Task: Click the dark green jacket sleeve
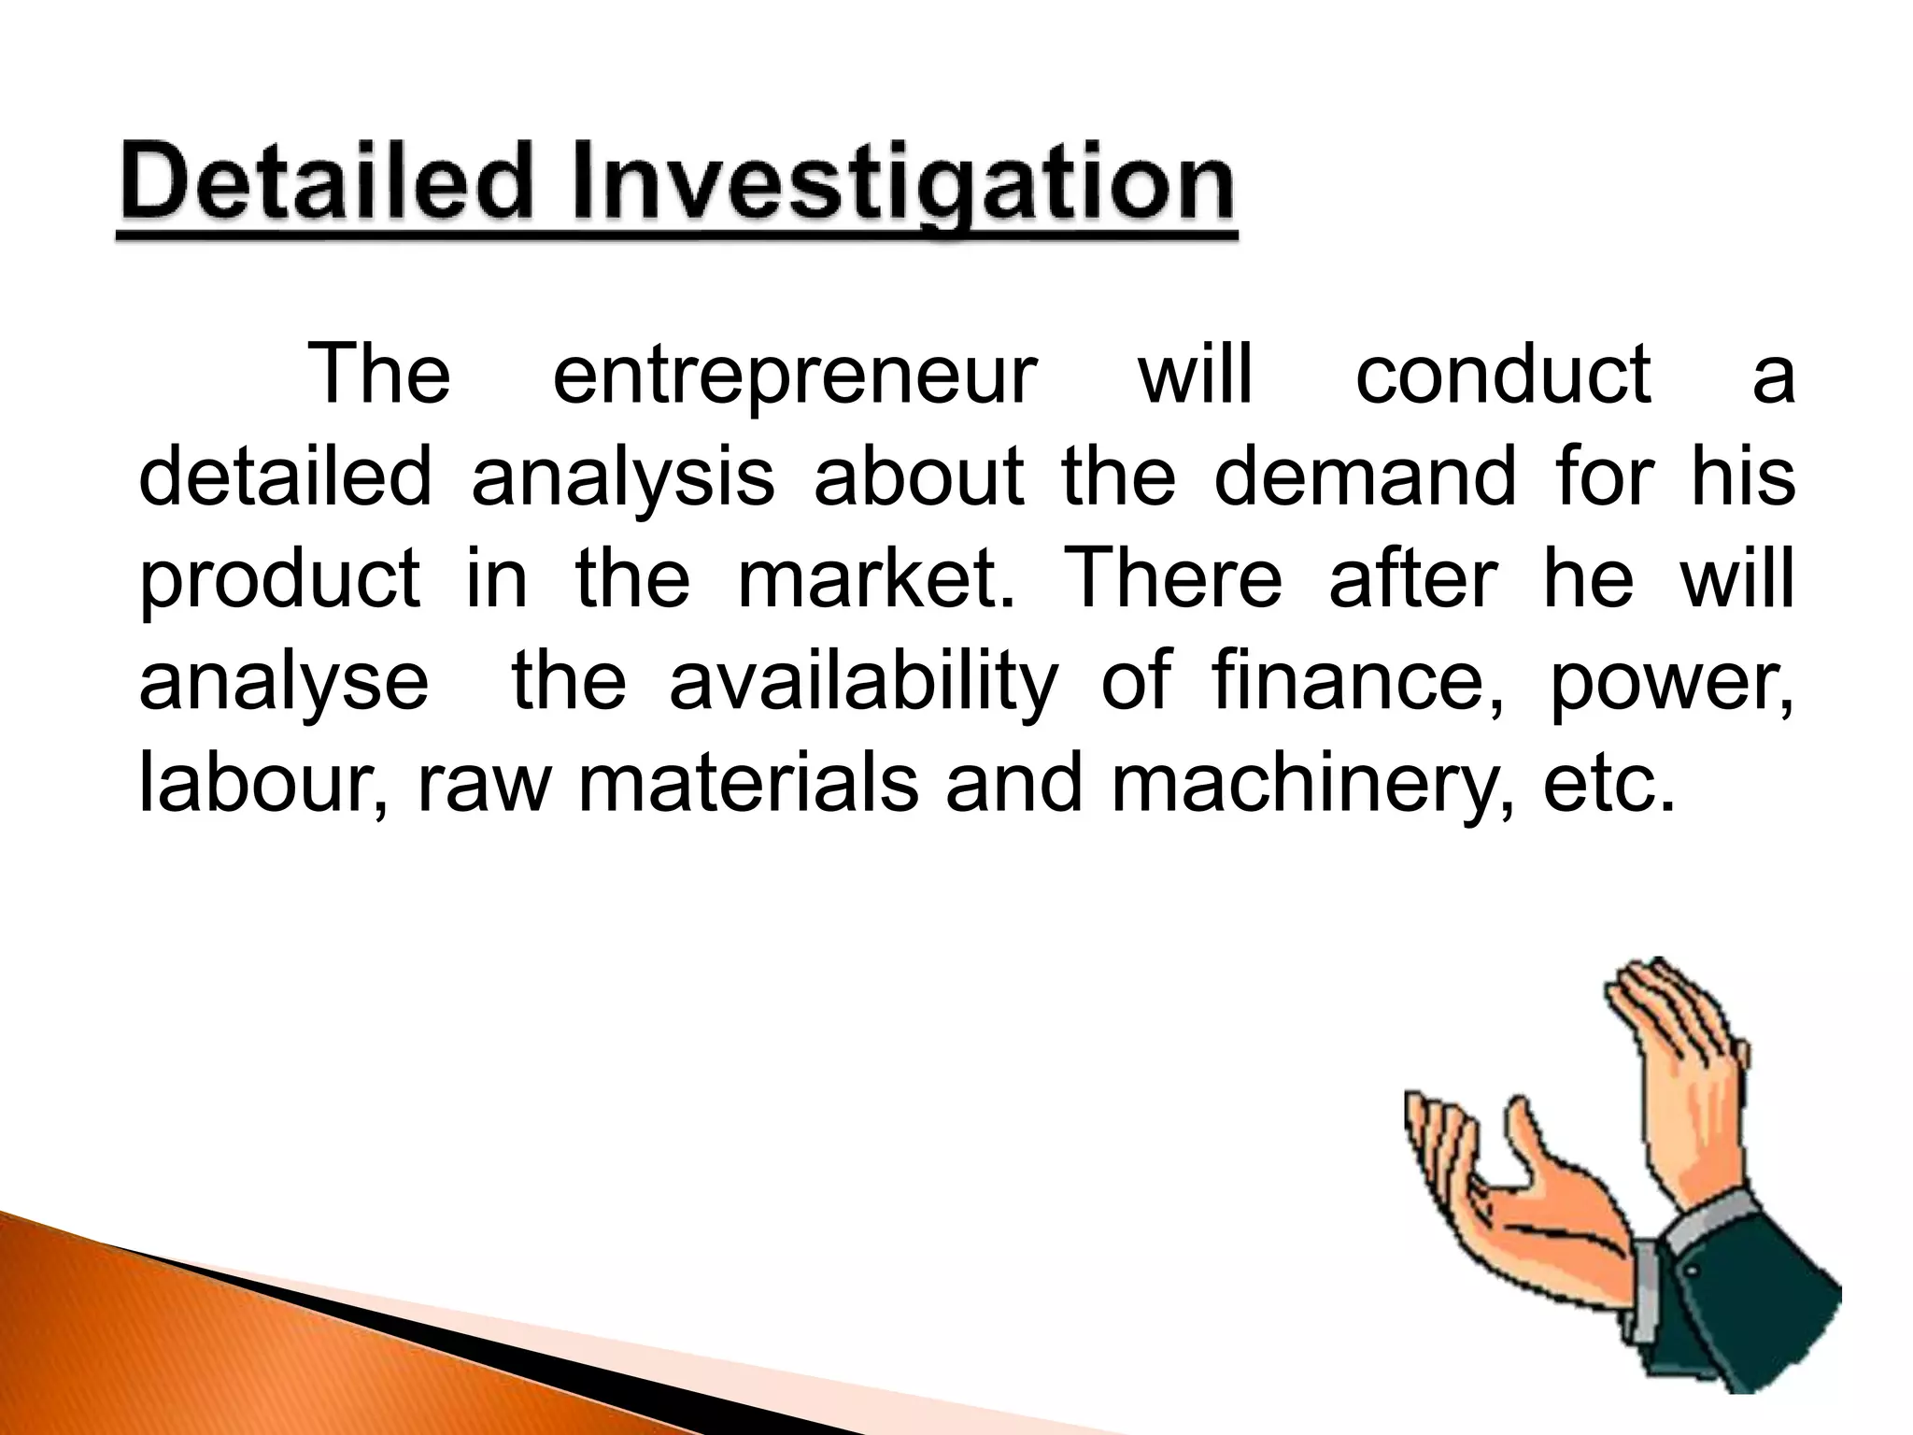click(x=1756, y=1308)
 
